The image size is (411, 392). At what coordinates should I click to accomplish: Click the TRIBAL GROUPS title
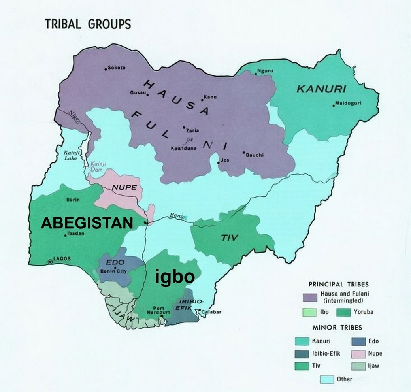click(87, 24)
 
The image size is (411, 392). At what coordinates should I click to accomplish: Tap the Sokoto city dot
click(106, 69)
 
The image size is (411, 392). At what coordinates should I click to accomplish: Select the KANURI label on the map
click(321, 89)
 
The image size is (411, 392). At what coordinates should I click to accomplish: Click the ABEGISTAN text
click(87, 223)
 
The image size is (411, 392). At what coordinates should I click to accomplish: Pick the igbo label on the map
click(174, 277)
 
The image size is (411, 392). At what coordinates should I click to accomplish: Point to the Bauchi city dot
click(244, 153)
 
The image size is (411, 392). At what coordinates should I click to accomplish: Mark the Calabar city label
click(211, 312)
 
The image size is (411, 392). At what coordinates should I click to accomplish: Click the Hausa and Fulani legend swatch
click(311, 297)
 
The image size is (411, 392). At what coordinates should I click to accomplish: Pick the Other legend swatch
click(327, 379)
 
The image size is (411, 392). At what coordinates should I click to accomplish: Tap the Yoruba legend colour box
click(344, 312)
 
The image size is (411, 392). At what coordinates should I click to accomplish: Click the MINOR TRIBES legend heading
click(337, 327)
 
